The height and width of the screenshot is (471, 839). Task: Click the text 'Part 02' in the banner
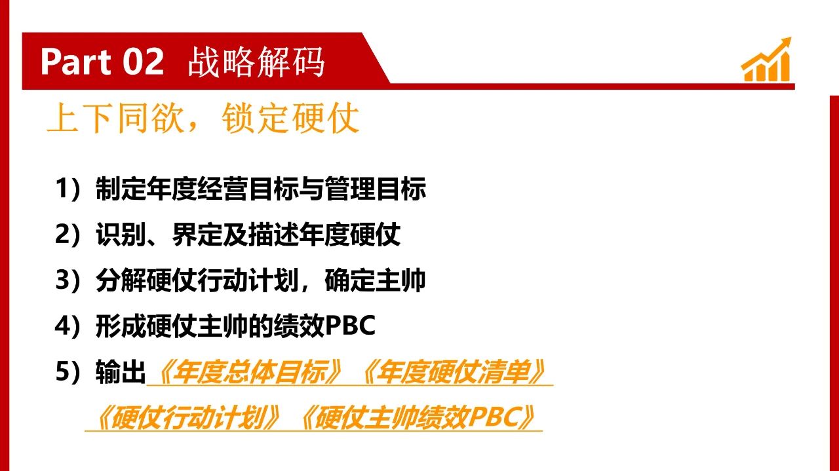click(x=102, y=62)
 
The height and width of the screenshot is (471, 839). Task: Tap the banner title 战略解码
click(x=256, y=62)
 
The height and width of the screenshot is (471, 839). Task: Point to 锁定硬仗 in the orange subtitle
click(x=290, y=119)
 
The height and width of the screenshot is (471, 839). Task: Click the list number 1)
click(x=68, y=188)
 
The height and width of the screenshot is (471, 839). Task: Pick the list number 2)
click(x=68, y=235)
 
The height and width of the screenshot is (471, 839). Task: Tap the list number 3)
click(x=68, y=280)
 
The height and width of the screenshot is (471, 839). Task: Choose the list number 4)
click(x=68, y=326)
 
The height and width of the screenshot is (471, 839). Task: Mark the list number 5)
click(x=68, y=372)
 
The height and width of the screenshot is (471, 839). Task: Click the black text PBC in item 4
click(x=350, y=326)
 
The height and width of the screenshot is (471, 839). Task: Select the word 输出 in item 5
click(x=121, y=372)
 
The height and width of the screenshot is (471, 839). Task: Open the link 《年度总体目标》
click(x=250, y=372)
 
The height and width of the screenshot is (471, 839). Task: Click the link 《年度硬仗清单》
click(x=453, y=372)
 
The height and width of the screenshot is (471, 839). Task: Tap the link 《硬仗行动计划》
click(x=187, y=418)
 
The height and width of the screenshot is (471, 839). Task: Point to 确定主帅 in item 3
click(x=375, y=280)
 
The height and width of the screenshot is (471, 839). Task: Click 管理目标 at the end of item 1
click(x=375, y=188)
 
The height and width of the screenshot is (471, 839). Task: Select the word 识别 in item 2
click(x=121, y=235)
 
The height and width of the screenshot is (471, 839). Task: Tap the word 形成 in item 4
click(x=121, y=326)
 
